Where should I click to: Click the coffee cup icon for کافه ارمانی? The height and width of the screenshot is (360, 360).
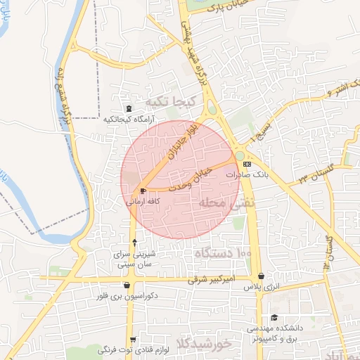coord(143,191)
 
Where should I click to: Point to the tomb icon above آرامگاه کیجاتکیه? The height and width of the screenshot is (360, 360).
coord(127,108)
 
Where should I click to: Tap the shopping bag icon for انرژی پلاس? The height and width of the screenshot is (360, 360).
coord(261,276)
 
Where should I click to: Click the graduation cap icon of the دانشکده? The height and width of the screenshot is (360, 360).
coord(274,317)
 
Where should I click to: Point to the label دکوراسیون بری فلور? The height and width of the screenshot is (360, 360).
coord(127,296)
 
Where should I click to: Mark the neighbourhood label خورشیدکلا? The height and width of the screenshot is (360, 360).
coord(205,344)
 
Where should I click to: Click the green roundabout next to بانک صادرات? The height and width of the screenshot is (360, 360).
coord(240,155)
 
